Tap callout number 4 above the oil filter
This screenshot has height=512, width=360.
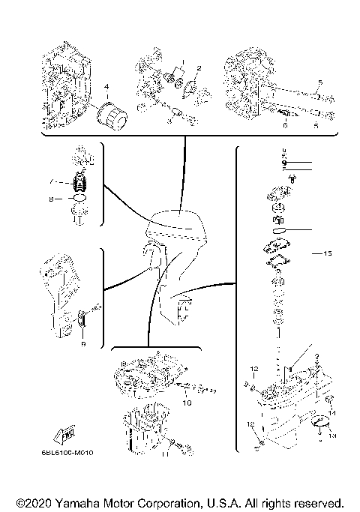107,88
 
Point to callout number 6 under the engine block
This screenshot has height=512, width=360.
285,126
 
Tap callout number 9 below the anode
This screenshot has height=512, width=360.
82,343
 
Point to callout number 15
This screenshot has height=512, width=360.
326,253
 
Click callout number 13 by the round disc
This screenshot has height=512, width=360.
333,435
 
